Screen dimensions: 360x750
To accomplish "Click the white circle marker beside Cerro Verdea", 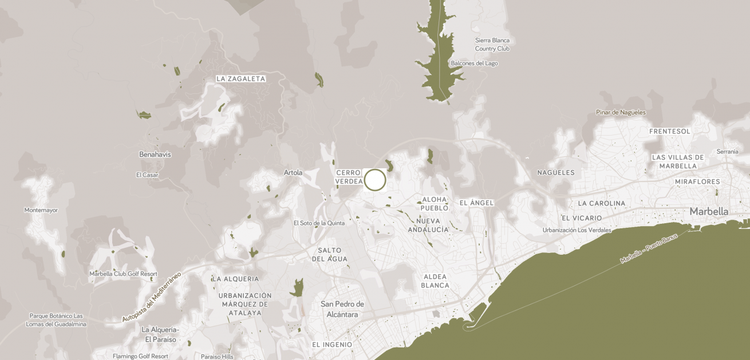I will coord(375,180).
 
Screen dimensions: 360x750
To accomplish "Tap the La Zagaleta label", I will coord(241,79).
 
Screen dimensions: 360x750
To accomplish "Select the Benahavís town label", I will coord(155,155).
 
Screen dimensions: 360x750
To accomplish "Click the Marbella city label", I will coord(709,212).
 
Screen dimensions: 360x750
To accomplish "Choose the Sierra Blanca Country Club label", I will coord(492,45).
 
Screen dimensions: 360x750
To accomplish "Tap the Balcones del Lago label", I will coord(474,64).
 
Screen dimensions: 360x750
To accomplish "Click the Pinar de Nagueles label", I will coord(621,112).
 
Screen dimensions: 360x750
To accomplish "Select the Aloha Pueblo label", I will coord(435,204).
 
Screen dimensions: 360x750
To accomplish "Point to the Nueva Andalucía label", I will coord(428,225).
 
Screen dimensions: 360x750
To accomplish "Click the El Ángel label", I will coord(476,203).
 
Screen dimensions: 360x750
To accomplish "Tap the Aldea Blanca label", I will coord(435,281).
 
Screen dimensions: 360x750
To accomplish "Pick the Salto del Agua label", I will coord(330,255).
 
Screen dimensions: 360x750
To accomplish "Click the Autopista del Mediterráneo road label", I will coord(152,296).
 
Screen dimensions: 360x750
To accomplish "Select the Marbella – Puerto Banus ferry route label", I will coord(649,248).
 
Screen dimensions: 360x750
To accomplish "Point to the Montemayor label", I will coord(41,210).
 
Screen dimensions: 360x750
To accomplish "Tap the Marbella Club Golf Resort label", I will coord(123,274).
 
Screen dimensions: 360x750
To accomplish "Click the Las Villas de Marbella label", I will coord(678,161).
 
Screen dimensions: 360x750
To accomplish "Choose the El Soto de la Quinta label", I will coord(319,223).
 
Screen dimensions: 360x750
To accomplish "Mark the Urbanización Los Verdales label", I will coord(577,230).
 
